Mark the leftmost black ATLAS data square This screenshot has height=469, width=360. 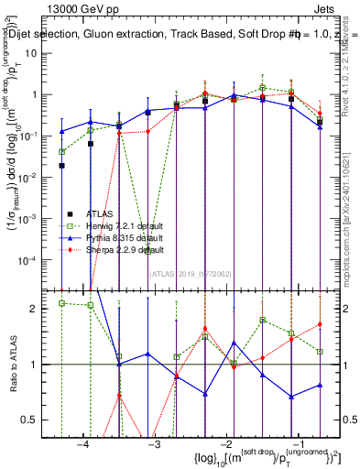[61, 166]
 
